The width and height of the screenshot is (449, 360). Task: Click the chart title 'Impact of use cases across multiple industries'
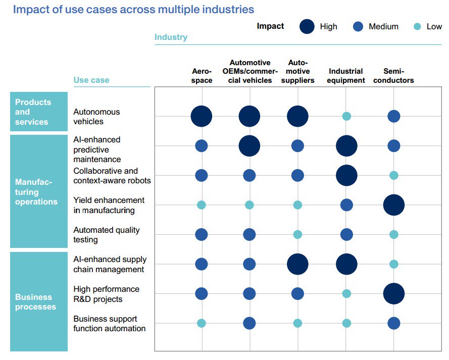(133, 10)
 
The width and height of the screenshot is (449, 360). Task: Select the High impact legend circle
(307, 27)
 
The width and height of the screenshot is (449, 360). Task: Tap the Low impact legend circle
(417, 27)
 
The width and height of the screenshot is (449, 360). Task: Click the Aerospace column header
(202, 76)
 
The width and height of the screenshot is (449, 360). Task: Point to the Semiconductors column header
(394, 76)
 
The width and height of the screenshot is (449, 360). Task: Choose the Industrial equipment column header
(346, 76)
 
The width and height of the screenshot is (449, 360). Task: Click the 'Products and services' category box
(39, 112)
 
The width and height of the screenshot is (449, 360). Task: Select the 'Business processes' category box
(39, 301)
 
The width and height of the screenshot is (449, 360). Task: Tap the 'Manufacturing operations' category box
(39, 192)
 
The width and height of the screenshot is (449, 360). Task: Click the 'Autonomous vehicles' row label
(96, 117)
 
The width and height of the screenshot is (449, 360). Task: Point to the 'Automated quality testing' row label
(107, 235)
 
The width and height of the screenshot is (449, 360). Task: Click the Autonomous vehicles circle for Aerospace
(202, 116)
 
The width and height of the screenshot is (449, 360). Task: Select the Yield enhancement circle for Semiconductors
(394, 205)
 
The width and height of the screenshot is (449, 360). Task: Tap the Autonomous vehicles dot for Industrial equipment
(346, 116)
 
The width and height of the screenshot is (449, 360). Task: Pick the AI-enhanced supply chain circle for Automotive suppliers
(297, 264)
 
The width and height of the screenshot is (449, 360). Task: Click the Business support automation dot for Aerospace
(202, 323)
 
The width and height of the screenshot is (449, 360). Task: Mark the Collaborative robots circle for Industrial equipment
(346, 175)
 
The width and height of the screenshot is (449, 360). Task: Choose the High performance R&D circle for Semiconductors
(394, 294)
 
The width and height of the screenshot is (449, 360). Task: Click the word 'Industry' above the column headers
(171, 37)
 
